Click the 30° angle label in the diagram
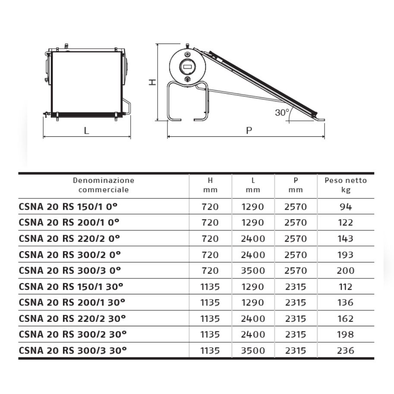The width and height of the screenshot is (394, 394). coord(282,112)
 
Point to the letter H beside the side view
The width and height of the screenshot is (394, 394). coord(152,82)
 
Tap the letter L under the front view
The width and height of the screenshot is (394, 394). coord(86,131)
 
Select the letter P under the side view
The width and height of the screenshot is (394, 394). coord(249,131)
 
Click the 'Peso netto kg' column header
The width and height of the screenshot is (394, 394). coord(346,185)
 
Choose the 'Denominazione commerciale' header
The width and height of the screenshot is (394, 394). coord(104,185)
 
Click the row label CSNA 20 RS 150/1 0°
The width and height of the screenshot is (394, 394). coord(68,207)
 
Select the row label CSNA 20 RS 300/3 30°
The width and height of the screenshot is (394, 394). coord(72,350)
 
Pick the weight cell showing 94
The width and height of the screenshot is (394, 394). coord(346,207)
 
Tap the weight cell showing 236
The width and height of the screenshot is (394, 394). coord(346,350)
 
